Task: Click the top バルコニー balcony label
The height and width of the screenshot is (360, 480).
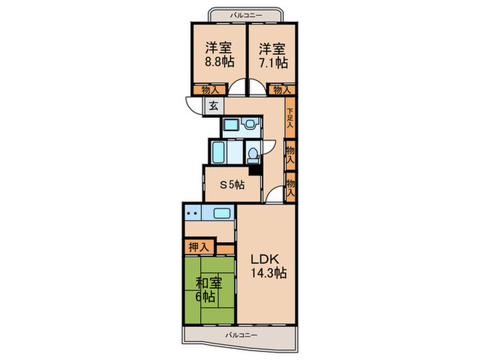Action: tap(244, 14)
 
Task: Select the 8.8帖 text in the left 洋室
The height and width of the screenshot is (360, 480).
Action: tap(218, 61)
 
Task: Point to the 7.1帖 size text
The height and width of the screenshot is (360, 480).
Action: tap(272, 61)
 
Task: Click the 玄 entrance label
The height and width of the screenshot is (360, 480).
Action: tap(213, 106)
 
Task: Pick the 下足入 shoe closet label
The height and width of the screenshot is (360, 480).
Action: tap(290, 118)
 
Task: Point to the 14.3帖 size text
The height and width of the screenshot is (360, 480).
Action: tap(267, 273)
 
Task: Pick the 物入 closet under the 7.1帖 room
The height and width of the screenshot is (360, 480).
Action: tap(281, 90)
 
